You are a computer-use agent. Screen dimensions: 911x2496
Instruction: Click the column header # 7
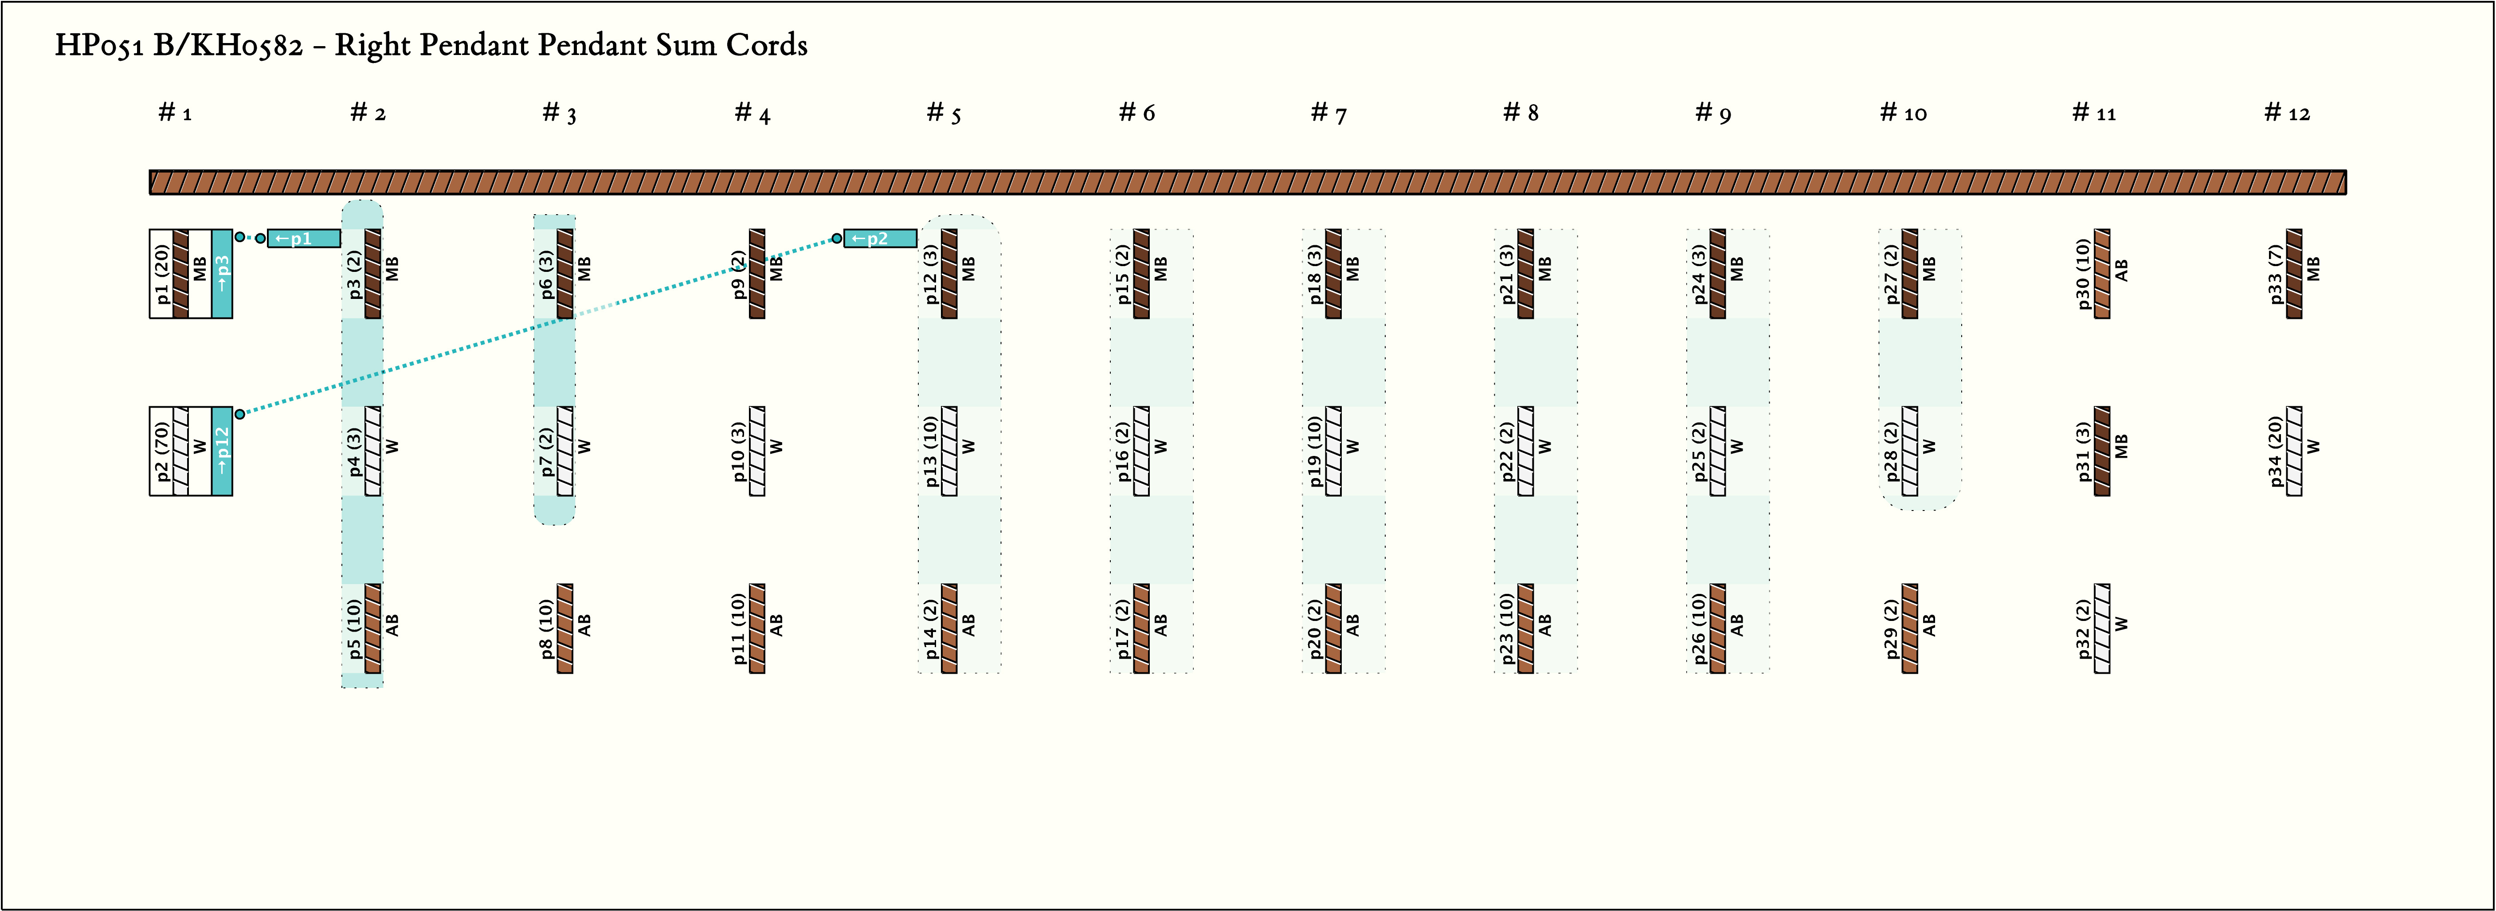1328,114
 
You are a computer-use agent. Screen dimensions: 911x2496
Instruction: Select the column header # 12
2287,114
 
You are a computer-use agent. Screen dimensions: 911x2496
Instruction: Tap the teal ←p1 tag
303,239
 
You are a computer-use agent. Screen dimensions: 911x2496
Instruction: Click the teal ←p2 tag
880,239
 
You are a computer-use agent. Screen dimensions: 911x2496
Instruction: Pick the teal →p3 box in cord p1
222,273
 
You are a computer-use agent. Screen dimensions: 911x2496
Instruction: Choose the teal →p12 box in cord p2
222,451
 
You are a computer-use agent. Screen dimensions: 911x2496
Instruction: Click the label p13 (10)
930,451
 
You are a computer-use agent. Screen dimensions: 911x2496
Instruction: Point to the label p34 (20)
2275,451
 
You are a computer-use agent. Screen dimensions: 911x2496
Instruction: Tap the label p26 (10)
1699,628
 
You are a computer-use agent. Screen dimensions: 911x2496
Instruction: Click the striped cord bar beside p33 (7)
2294,273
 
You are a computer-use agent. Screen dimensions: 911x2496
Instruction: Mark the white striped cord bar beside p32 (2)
2103,628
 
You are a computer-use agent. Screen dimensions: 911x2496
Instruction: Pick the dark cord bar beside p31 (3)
2103,451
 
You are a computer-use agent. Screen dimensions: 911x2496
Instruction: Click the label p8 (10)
546,628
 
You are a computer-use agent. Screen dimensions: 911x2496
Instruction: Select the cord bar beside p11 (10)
758,628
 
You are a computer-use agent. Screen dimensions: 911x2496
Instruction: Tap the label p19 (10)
1315,451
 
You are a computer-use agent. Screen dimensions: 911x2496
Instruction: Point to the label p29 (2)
1890,628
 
